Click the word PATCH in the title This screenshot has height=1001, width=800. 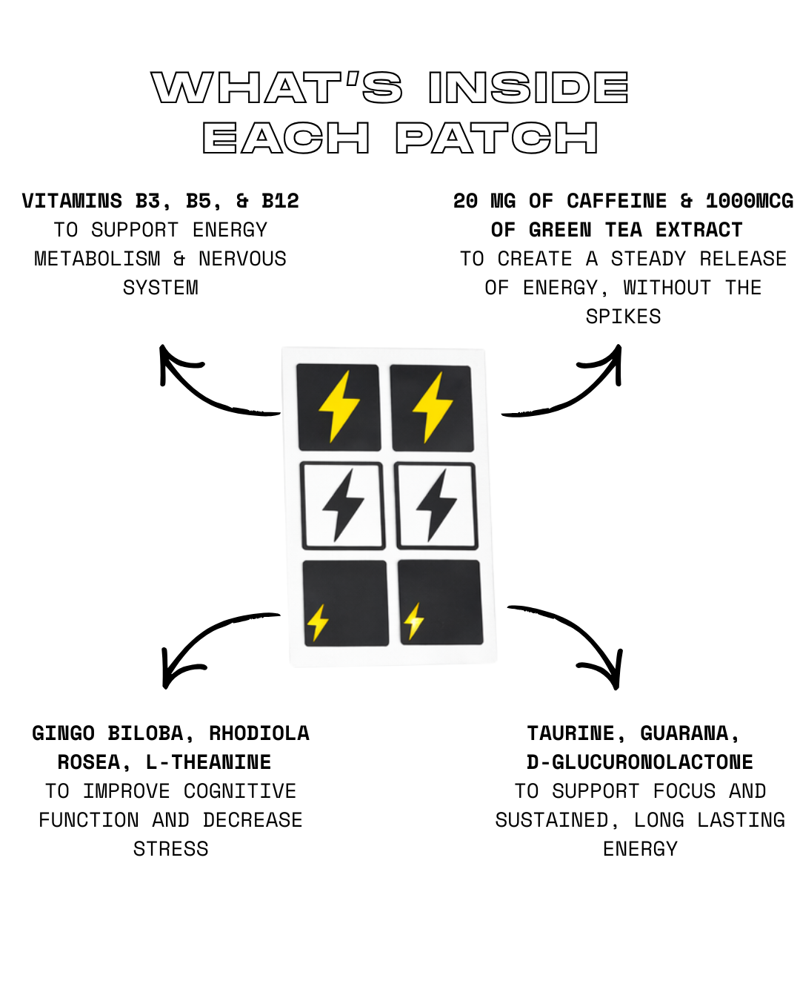pyautogui.click(x=496, y=138)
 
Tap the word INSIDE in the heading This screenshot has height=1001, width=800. pyautogui.click(x=528, y=87)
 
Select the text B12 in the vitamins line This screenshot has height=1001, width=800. pyautogui.click(x=280, y=201)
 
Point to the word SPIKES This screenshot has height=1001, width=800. pyautogui.click(x=623, y=317)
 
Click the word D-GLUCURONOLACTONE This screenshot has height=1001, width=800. pyautogui.click(x=639, y=762)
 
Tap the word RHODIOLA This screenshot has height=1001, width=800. pyautogui.click(x=259, y=733)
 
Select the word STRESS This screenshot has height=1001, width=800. pyautogui.click(x=170, y=849)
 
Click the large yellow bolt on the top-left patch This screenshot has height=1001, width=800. pyautogui.click(x=339, y=406)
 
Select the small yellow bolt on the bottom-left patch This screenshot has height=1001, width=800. pyautogui.click(x=318, y=622)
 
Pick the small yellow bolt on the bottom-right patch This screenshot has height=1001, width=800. pyautogui.click(x=414, y=621)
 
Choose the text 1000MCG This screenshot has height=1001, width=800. pyautogui.click(x=749, y=201)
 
